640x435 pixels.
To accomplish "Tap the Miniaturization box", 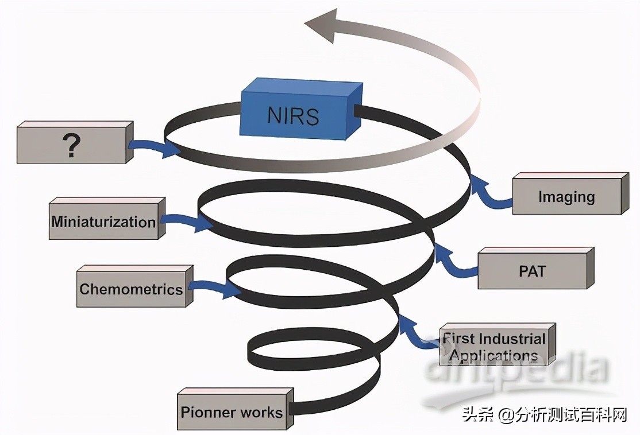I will tap(103, 222).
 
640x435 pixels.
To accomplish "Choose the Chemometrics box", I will tap(131, 289).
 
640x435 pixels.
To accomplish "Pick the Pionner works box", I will tap(232, 411).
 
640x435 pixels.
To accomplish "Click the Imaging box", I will tap(566, 197).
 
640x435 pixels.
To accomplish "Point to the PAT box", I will tap(532, 270).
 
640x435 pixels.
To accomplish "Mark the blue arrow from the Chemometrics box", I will tap(215, 288).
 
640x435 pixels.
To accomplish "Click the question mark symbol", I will tap(71, 146).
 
